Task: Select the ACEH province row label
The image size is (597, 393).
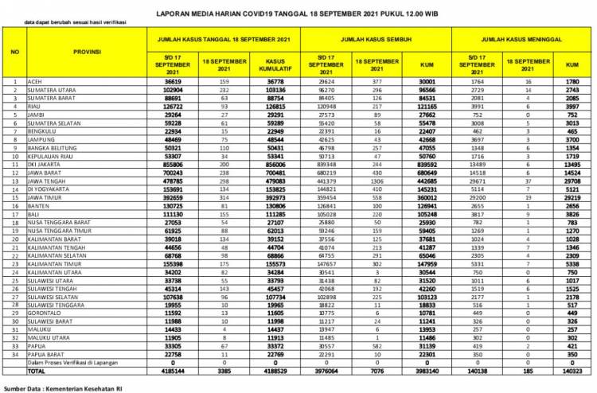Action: coord(37,81)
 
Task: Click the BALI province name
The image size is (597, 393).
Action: coord(35,215)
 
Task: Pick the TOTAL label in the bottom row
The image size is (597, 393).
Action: coord(37,371)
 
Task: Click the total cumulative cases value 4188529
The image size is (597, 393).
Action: coord(271,371)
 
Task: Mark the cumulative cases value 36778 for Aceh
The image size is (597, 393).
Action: coord(271,81)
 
